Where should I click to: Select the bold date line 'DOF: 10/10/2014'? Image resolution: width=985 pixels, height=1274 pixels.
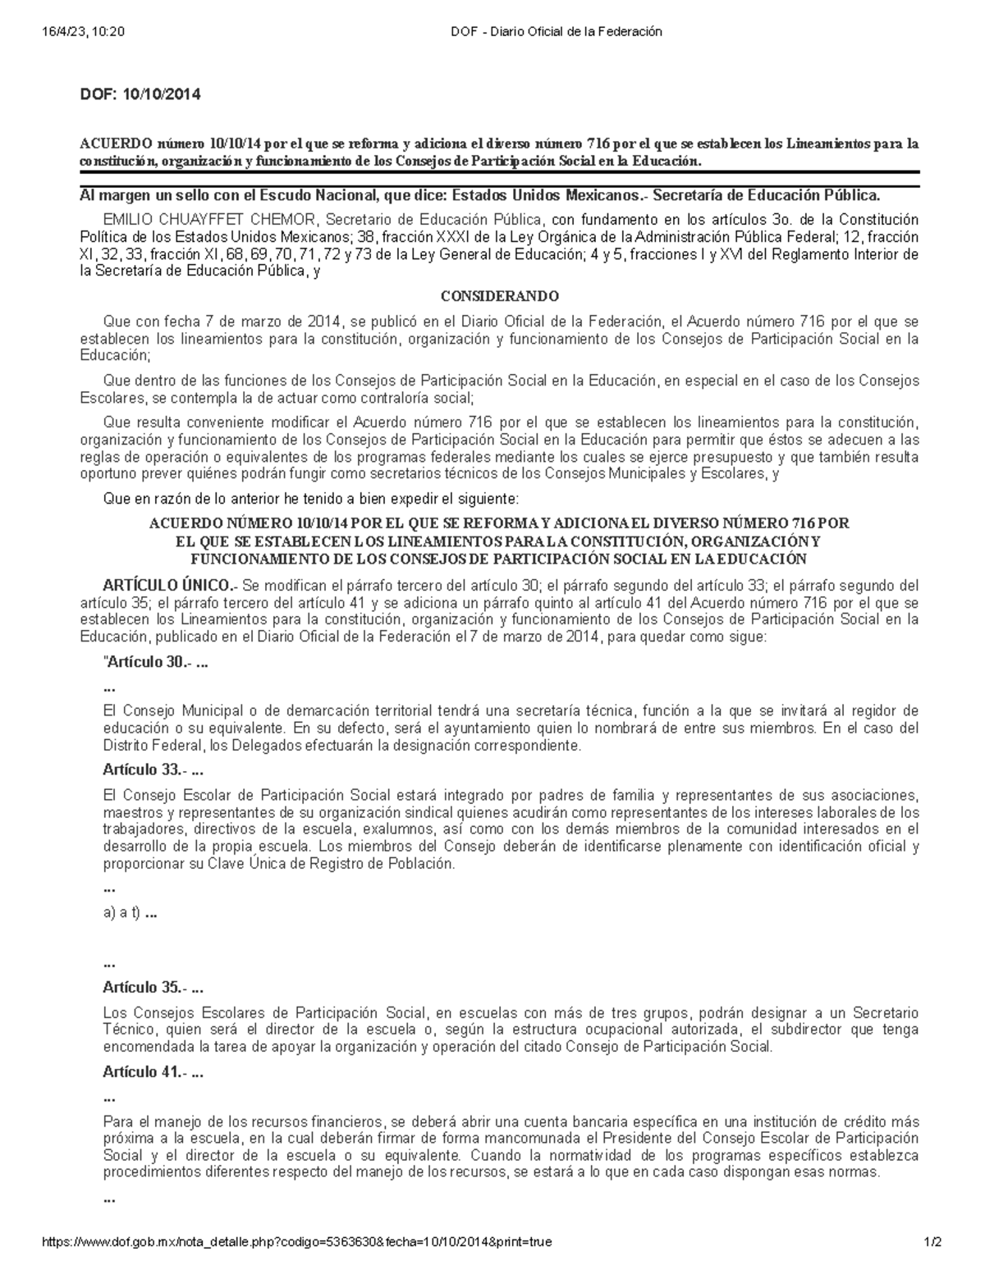coord(140,94)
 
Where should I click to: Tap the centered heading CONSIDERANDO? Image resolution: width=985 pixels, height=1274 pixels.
coord(499,296)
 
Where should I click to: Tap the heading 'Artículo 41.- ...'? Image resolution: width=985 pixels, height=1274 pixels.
coord(153,1071)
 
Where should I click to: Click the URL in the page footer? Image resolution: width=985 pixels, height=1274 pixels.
coord(296,1242)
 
